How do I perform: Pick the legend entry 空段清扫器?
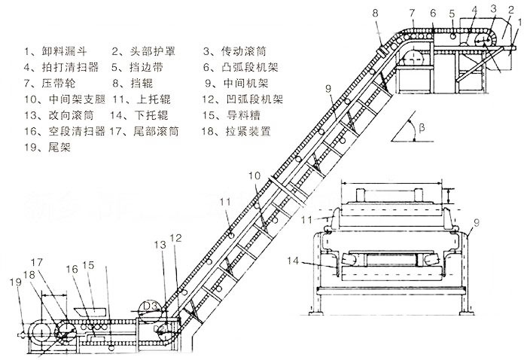point(62,130)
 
